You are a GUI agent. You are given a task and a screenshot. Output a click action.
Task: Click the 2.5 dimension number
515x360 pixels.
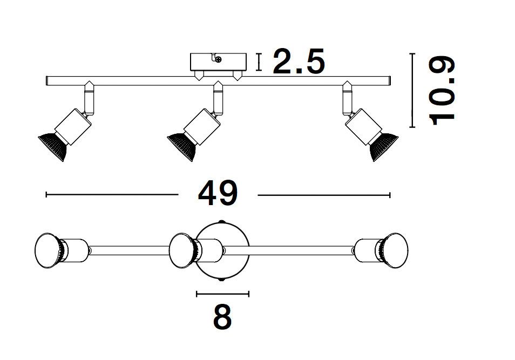click(x=299, y=62)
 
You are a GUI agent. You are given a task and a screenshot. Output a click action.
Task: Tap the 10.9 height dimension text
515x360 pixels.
click(x=442, y=90)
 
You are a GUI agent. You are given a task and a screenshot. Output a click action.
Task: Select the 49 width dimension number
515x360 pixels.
click(x=218, y=194)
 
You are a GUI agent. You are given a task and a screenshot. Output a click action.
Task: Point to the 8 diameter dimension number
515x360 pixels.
click(x=222, y=318)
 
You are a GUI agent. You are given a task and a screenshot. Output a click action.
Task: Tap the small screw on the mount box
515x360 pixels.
click(x=218, y=60)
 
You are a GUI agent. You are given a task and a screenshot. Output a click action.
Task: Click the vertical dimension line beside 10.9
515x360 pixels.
click(x=412, y=90)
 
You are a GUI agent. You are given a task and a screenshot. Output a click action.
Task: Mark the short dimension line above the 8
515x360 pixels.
click(x=222, y=294)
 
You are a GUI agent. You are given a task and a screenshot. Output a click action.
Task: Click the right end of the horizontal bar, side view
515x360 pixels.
click(x=388, y=81)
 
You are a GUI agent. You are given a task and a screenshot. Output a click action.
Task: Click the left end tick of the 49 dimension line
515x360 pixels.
click(x=47, y=194)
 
